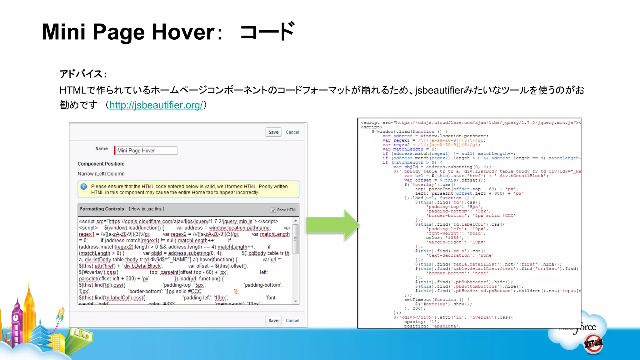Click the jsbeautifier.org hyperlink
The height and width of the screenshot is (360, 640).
(x=156, y=105)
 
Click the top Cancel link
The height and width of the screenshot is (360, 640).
(x=292, y=132)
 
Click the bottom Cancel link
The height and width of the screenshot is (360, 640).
(x=292, y=321)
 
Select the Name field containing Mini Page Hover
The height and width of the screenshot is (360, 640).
(x=147, y=151)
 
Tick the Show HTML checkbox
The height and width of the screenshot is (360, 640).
(x=273, y=210)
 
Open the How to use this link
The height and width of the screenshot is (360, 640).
(x=146, y=209)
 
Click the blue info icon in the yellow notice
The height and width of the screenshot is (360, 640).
(x=84, y=187)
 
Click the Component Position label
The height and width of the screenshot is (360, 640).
(x=101, y=164)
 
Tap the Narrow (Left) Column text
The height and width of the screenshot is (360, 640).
(x=101, y=174)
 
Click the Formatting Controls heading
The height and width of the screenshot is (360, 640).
(x=102, y=209)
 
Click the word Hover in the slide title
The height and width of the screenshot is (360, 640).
(x=183, y=32)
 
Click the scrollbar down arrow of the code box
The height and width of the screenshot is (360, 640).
(x=296, y=301)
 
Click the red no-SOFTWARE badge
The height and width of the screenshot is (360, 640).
(x=593, y=344)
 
